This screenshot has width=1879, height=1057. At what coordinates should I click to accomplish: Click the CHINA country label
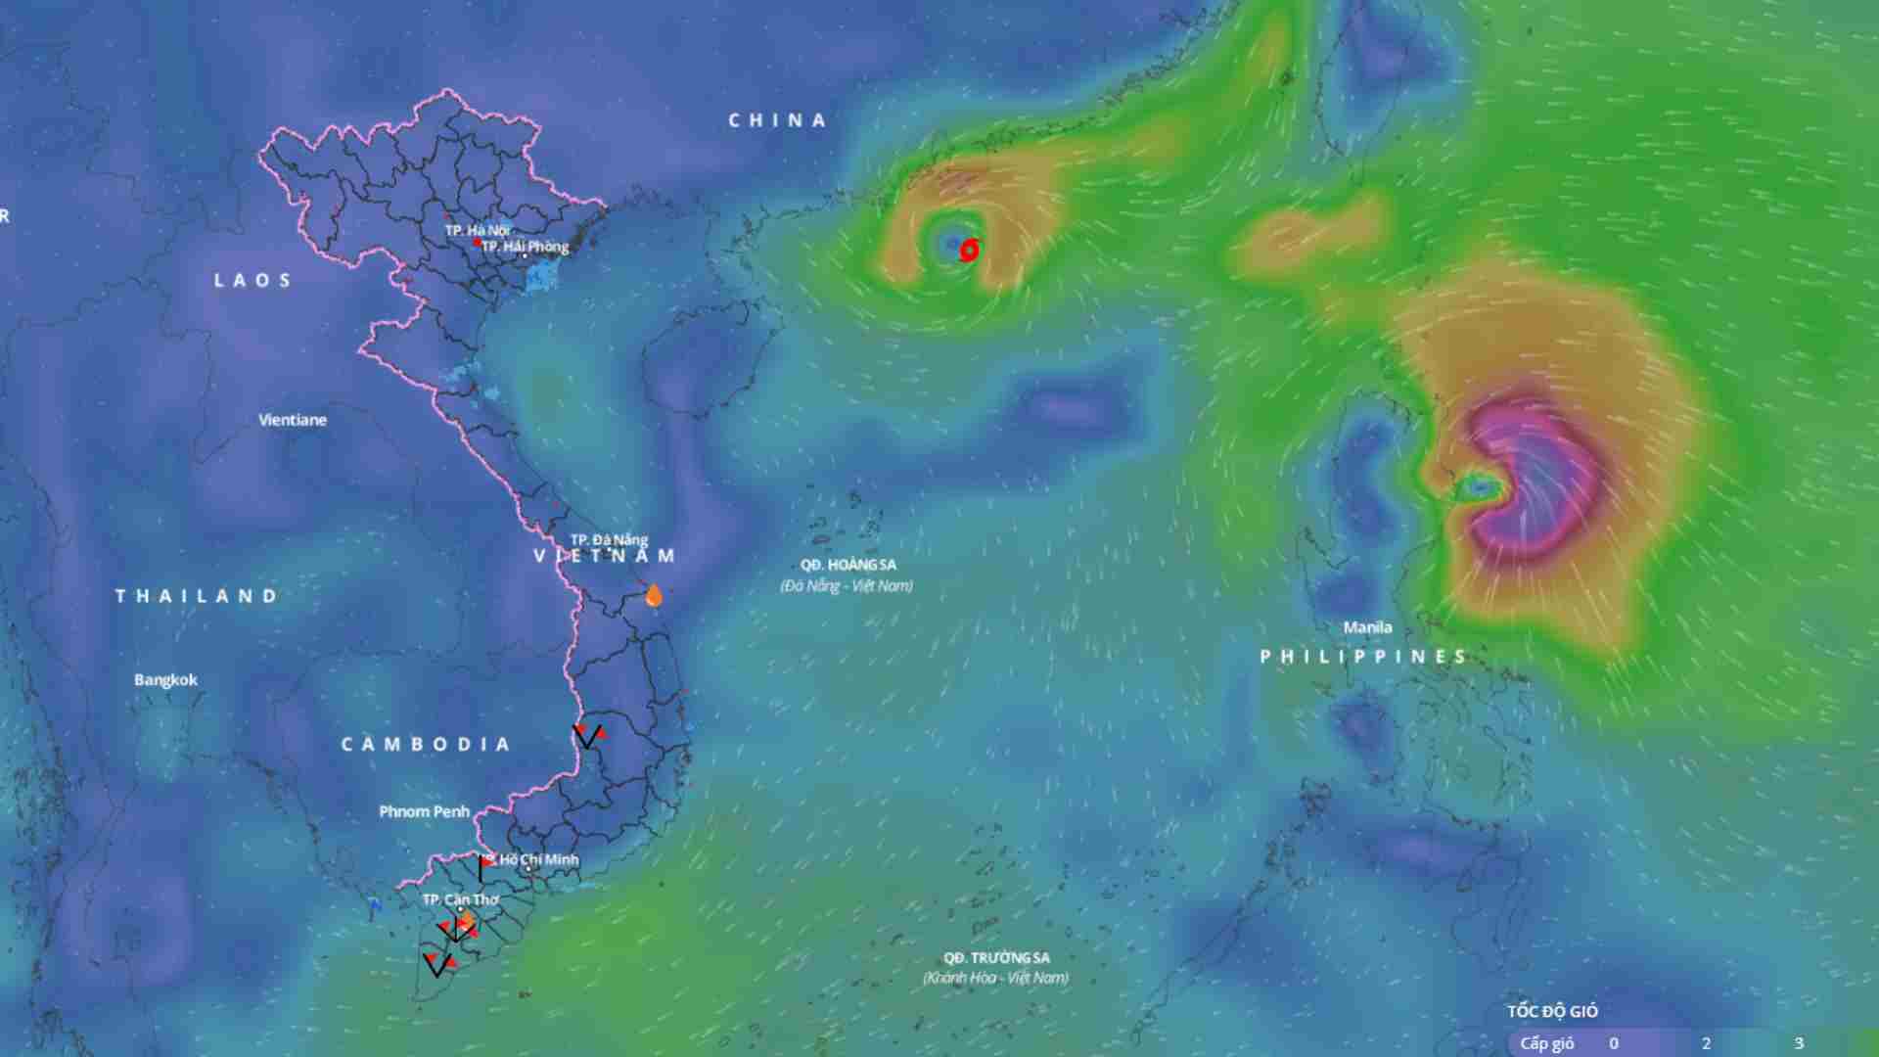777,120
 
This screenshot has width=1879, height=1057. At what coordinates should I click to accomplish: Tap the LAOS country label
252,281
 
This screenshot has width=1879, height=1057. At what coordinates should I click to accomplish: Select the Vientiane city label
293,420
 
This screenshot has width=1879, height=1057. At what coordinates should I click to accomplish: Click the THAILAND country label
197,596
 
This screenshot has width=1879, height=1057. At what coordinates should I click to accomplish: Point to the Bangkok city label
165,680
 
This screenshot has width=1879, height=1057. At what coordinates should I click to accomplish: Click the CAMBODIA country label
426,745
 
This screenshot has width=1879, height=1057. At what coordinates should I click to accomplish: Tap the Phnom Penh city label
424,811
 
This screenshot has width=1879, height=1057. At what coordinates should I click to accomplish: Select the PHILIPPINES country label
1364,657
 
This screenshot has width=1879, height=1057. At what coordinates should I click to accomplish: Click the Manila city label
1367,627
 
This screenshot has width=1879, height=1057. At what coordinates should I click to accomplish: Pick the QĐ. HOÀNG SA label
848,565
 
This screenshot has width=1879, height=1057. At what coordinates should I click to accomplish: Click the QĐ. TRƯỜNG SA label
996,957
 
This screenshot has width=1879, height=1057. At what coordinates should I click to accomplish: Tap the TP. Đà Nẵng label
609,539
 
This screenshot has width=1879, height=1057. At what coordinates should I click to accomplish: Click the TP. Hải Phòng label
525,247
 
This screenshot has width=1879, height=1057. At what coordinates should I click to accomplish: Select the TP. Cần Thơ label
460,899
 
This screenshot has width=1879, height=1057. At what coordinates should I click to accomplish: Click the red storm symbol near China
969,251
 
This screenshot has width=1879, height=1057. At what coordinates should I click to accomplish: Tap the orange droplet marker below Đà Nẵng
654,595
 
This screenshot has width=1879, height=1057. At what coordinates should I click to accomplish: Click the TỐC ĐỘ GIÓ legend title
1552,1011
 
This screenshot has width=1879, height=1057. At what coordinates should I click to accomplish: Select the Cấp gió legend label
1546,1043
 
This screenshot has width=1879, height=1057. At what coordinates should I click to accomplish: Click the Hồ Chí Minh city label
537,859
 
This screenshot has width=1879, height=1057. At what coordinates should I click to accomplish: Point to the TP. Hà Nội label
477,230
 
